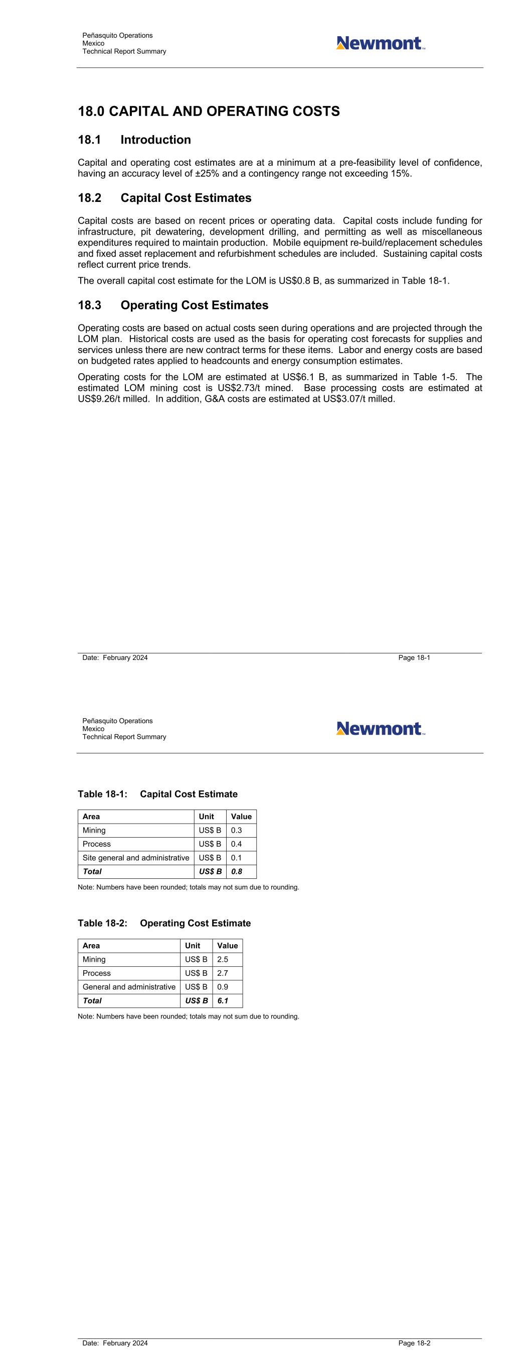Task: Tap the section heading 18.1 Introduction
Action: coord(134,140)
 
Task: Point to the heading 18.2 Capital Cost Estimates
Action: coord(164,198)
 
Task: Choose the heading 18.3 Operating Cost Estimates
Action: coord(173,305)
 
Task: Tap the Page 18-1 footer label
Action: coord(414,658)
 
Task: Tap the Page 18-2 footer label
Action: coord(414,1343)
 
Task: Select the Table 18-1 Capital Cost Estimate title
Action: coord(157,794)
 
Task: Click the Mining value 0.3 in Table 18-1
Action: coord(236,830)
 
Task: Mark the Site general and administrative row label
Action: coord(135,858)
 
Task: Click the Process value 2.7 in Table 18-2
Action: coord(222,973)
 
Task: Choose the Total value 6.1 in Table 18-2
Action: coord(222,1000)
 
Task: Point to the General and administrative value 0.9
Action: coord(222,987)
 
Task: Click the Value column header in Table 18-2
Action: coord(227,946)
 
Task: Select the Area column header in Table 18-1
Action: coord(91,817)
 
